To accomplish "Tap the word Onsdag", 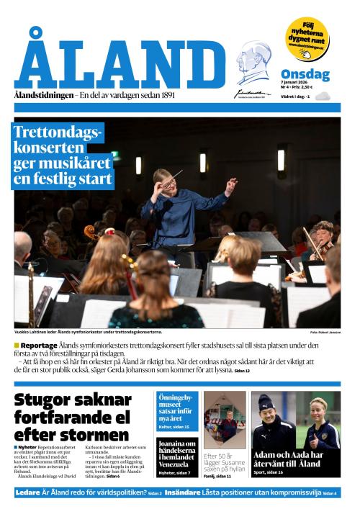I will (305, 74).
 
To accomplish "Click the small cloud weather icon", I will (322, 96).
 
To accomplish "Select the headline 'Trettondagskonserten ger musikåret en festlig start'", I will (63, 155).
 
